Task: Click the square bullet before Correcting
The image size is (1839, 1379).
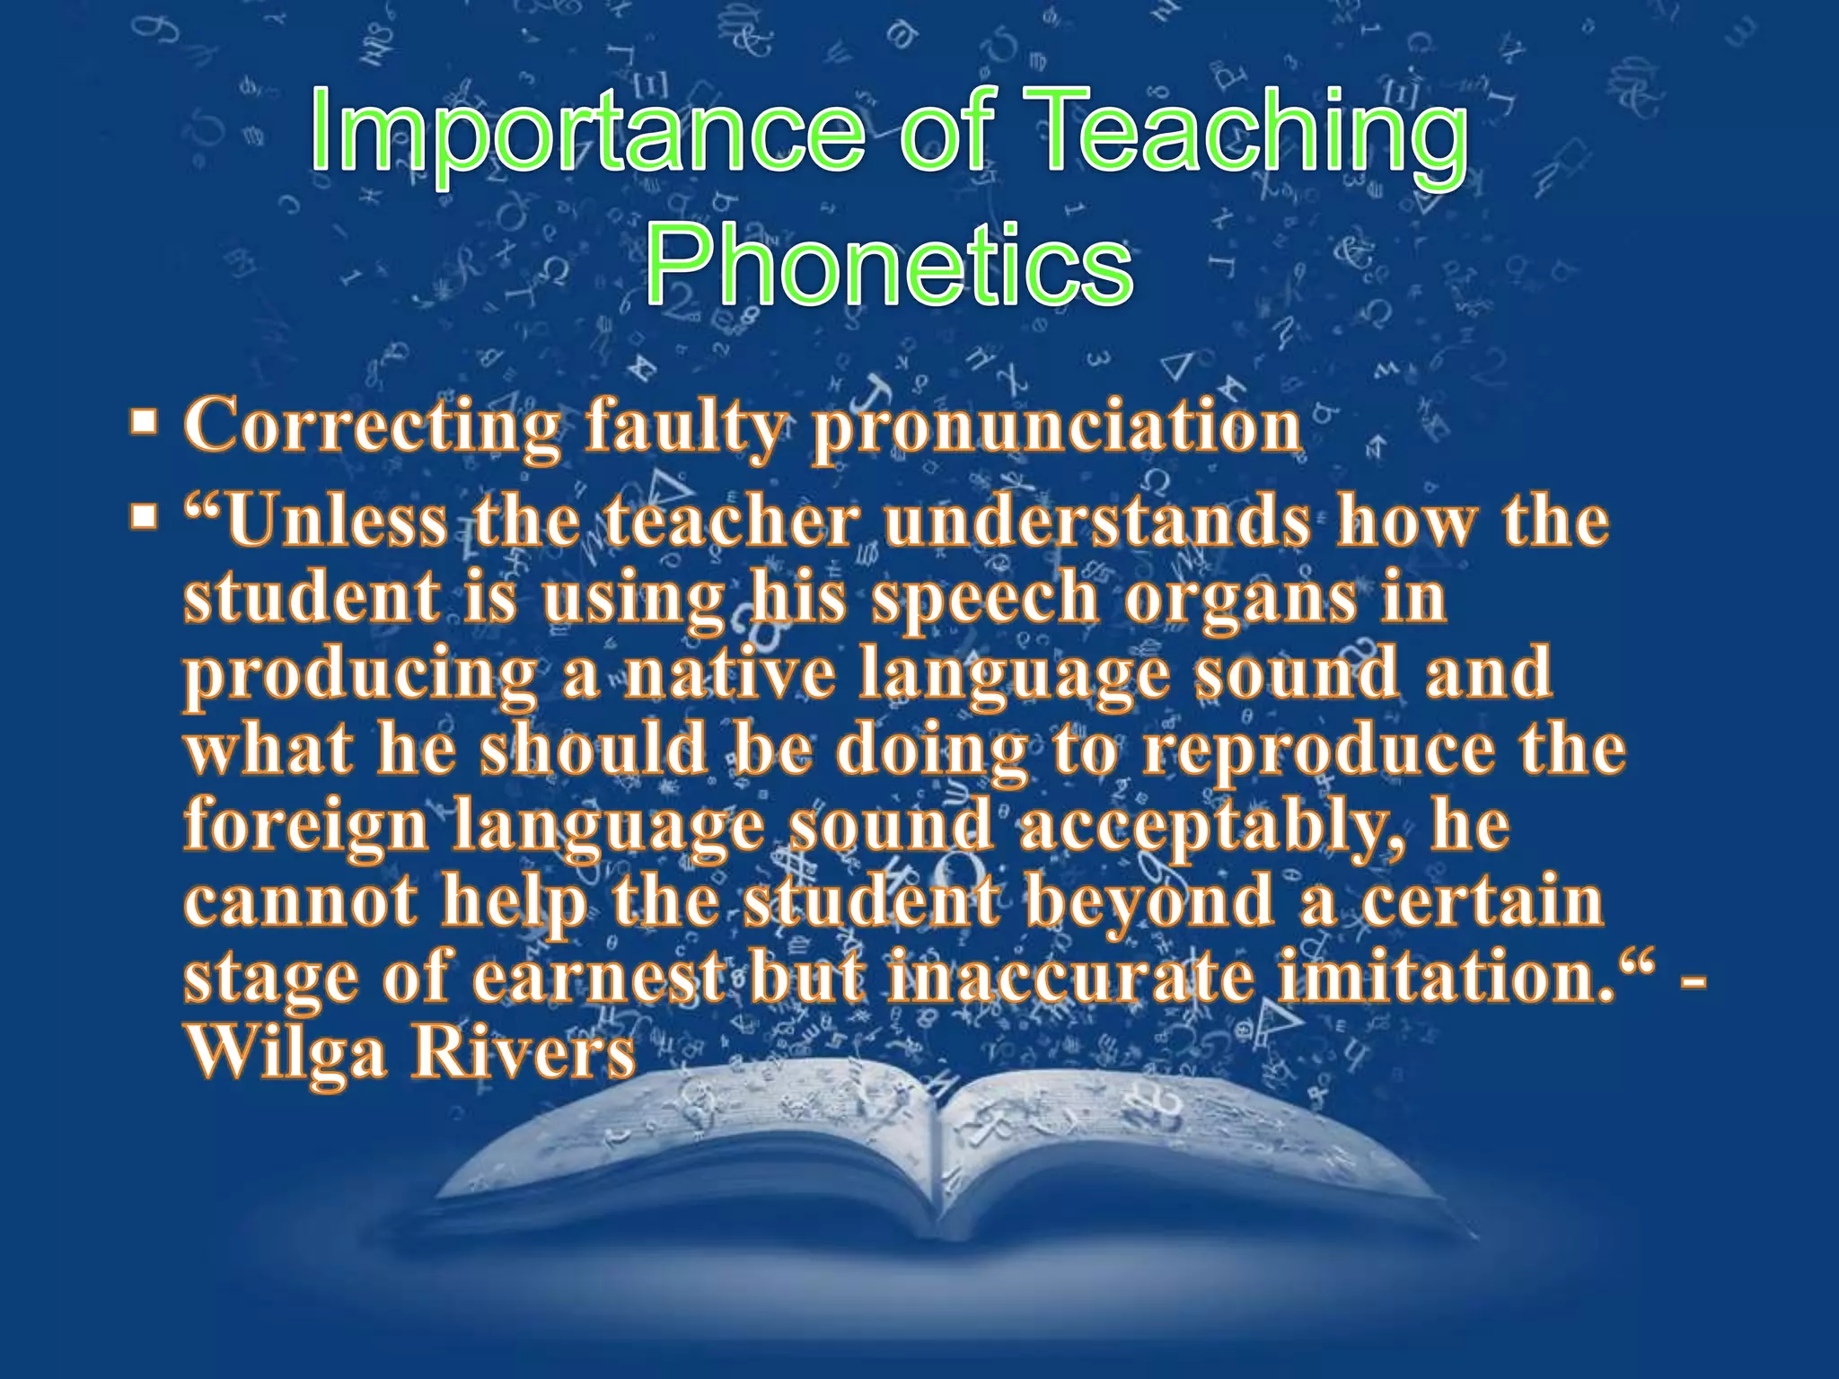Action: pos(143,420)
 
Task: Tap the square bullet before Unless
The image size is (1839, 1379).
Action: pos(143,517)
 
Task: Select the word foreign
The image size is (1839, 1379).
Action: pos(306,826)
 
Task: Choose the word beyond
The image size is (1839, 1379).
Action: pos(1149,902)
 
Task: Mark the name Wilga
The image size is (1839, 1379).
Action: pos(287,1053)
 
